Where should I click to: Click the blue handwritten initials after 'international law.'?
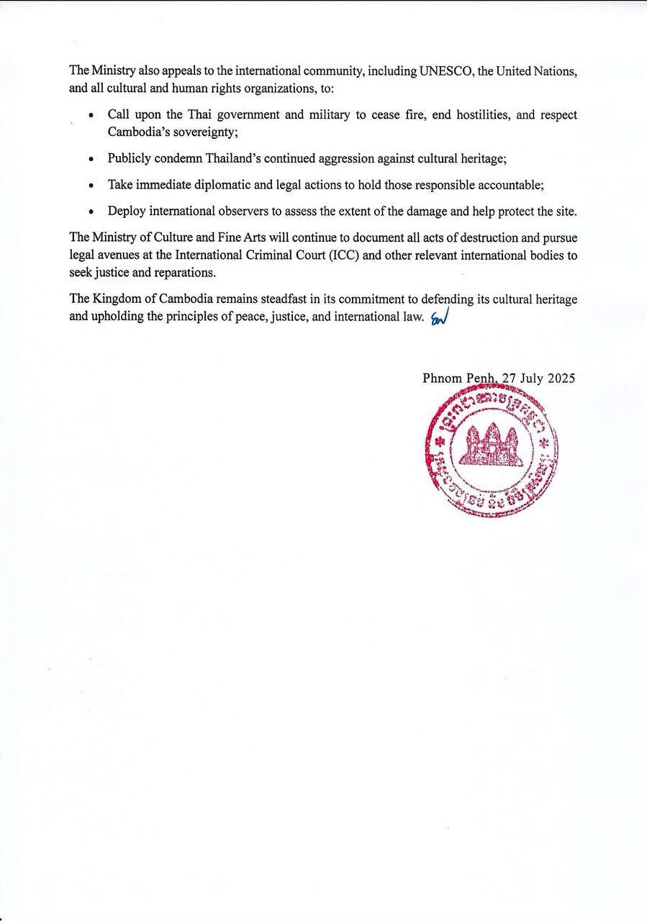(438, 318)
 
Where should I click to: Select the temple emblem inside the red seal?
(492, 444)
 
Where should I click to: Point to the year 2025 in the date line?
(561, 378)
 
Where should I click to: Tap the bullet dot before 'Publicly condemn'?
(91, 160)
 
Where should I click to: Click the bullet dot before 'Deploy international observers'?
(91, 212)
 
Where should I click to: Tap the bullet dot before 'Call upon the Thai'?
(91, 116)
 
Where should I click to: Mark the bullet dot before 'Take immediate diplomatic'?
(91, 186)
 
